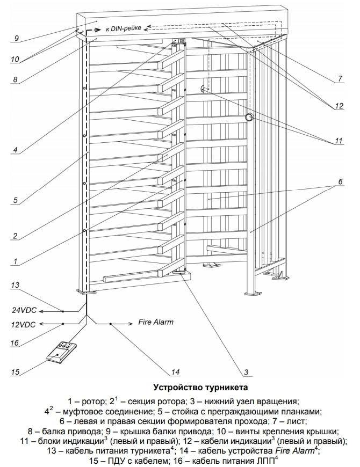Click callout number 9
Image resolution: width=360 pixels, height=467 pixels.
point(17,38)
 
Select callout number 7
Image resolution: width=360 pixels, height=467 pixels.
point(340,79)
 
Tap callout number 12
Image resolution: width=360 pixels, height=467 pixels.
point(338,106)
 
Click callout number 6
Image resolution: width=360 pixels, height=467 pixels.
point(340,181)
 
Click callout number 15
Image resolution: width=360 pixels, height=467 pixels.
point(17,370)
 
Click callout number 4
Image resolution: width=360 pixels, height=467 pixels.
point(16,150)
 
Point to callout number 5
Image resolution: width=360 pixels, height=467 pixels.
point(16,200)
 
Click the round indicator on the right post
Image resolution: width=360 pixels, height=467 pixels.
point(249,117)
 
